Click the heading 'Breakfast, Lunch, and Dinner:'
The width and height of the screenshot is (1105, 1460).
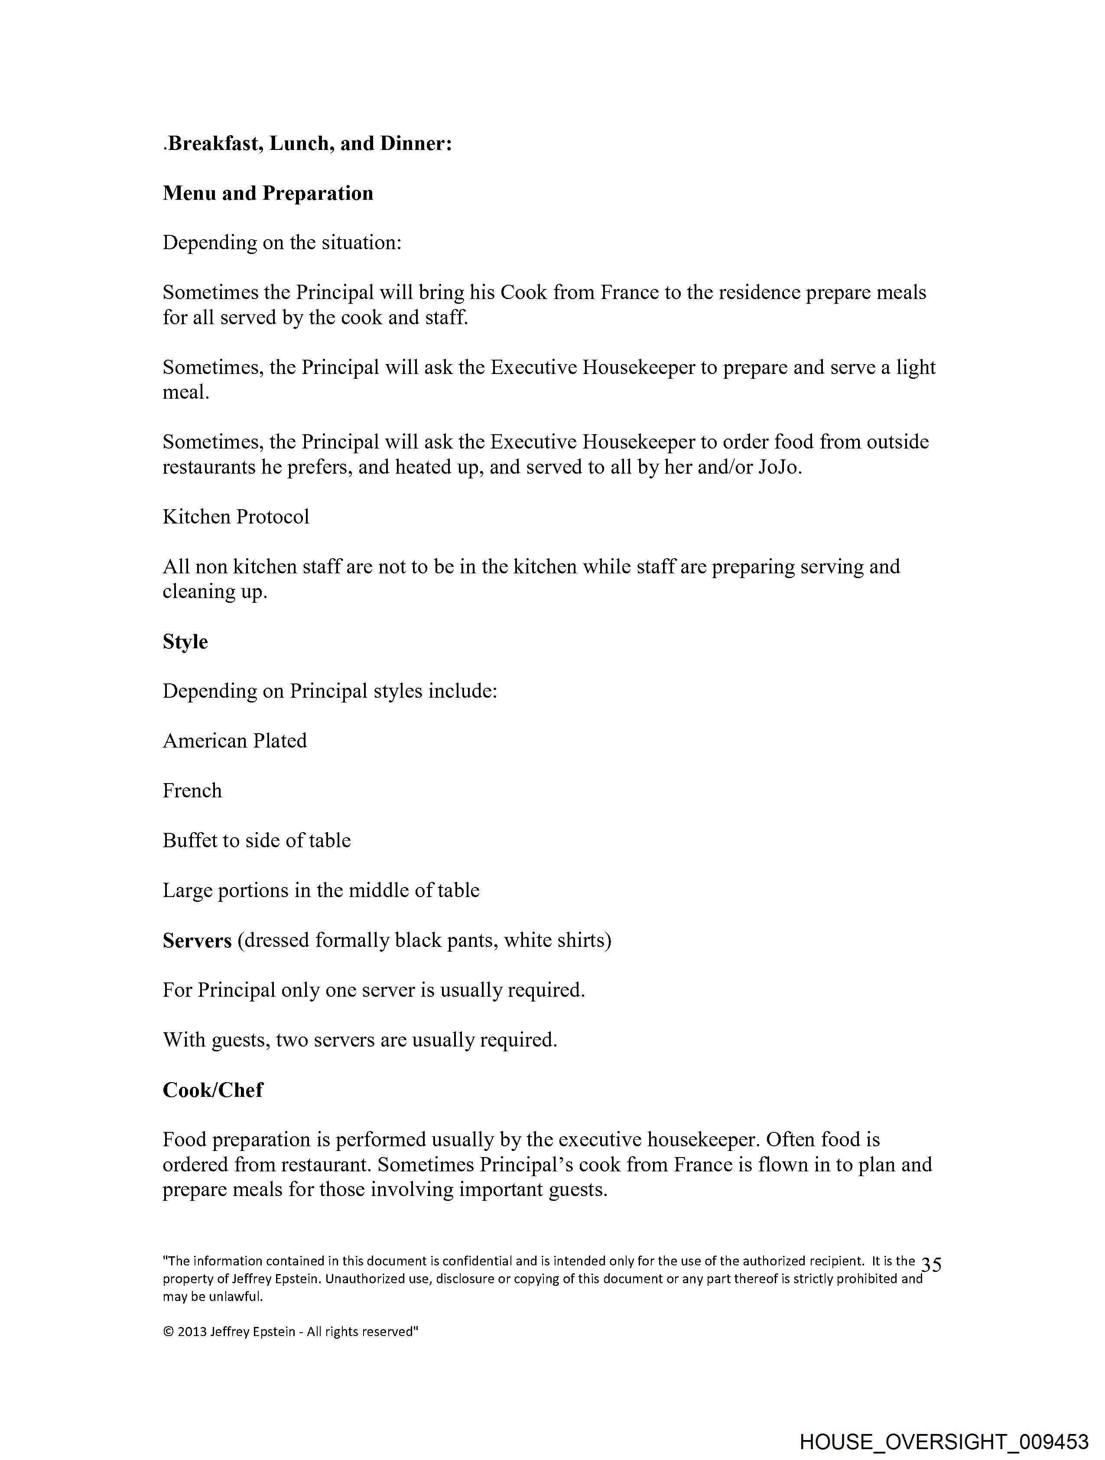(x=309, y=143)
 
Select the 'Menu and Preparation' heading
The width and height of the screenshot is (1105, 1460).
(x=268, y=193)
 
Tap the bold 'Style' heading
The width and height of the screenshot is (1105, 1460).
(x=185, y=641)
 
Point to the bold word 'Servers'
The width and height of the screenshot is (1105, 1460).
(x=197, y=940)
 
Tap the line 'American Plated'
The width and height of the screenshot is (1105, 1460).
(x=234, y=741)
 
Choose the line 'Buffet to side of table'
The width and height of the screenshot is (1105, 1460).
(x=257, y=840)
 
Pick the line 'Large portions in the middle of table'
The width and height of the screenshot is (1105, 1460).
(x=321, y=891)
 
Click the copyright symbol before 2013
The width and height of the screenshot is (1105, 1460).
(x=168, y=1332)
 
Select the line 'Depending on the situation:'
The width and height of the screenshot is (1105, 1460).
(x=282, y=242)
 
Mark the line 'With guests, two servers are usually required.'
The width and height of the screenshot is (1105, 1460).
(x=360, y=1040)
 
